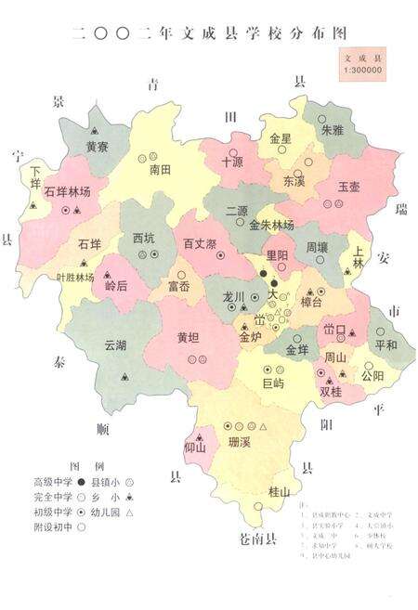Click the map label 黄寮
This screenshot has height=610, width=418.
click(x=98, y=146)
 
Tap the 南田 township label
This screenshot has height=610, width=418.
click(x=161, y=171)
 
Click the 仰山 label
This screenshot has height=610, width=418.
click(x=194, y=448)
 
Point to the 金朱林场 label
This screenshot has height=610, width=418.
click(x=272, y=226)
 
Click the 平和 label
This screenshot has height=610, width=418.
click(x=385, y=345)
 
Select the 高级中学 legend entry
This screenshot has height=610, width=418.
click(x=53, y=482)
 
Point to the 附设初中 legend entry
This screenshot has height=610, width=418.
click(x=53, y=526)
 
